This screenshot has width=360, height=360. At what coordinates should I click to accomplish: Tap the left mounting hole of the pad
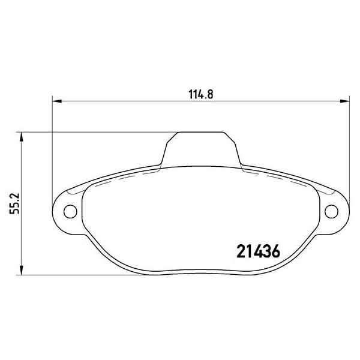70,211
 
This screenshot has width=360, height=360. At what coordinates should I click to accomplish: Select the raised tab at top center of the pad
200,147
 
